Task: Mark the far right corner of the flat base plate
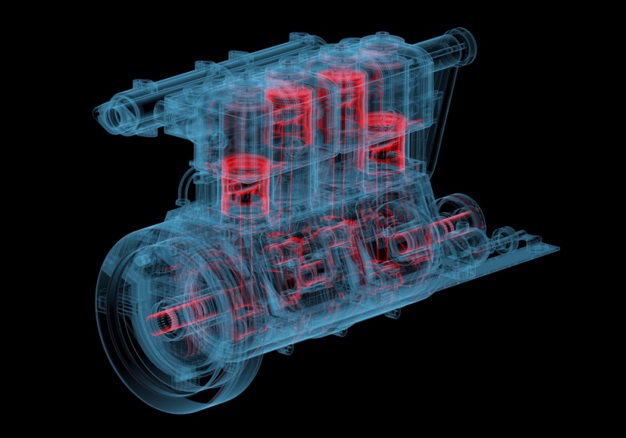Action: click(x=558, y=250)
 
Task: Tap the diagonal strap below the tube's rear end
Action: click(x=446, y=102)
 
